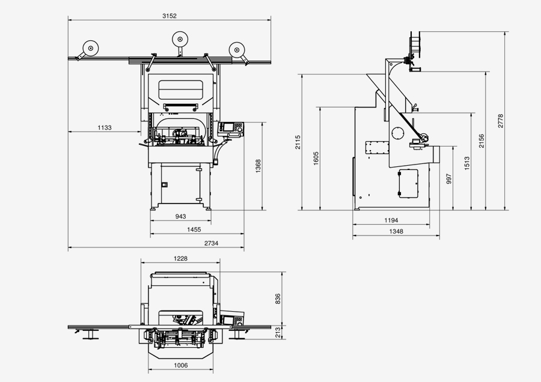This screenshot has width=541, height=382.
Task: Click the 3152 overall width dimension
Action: coord(170,16)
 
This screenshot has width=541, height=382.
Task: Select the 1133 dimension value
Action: coord(105,127)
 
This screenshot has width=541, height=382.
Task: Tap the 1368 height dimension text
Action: coord(258,166)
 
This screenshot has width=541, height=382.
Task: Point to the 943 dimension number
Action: coord(180,216)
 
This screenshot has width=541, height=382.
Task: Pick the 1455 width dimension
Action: coord(194,229)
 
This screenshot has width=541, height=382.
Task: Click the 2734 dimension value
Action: coord(211,243)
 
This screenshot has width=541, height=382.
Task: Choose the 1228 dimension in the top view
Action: coord(180,259)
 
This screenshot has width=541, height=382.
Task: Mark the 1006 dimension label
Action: coord(180,365)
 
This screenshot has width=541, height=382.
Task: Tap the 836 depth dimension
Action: coord(278,299)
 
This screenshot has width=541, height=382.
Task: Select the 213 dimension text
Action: coord(278,332)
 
